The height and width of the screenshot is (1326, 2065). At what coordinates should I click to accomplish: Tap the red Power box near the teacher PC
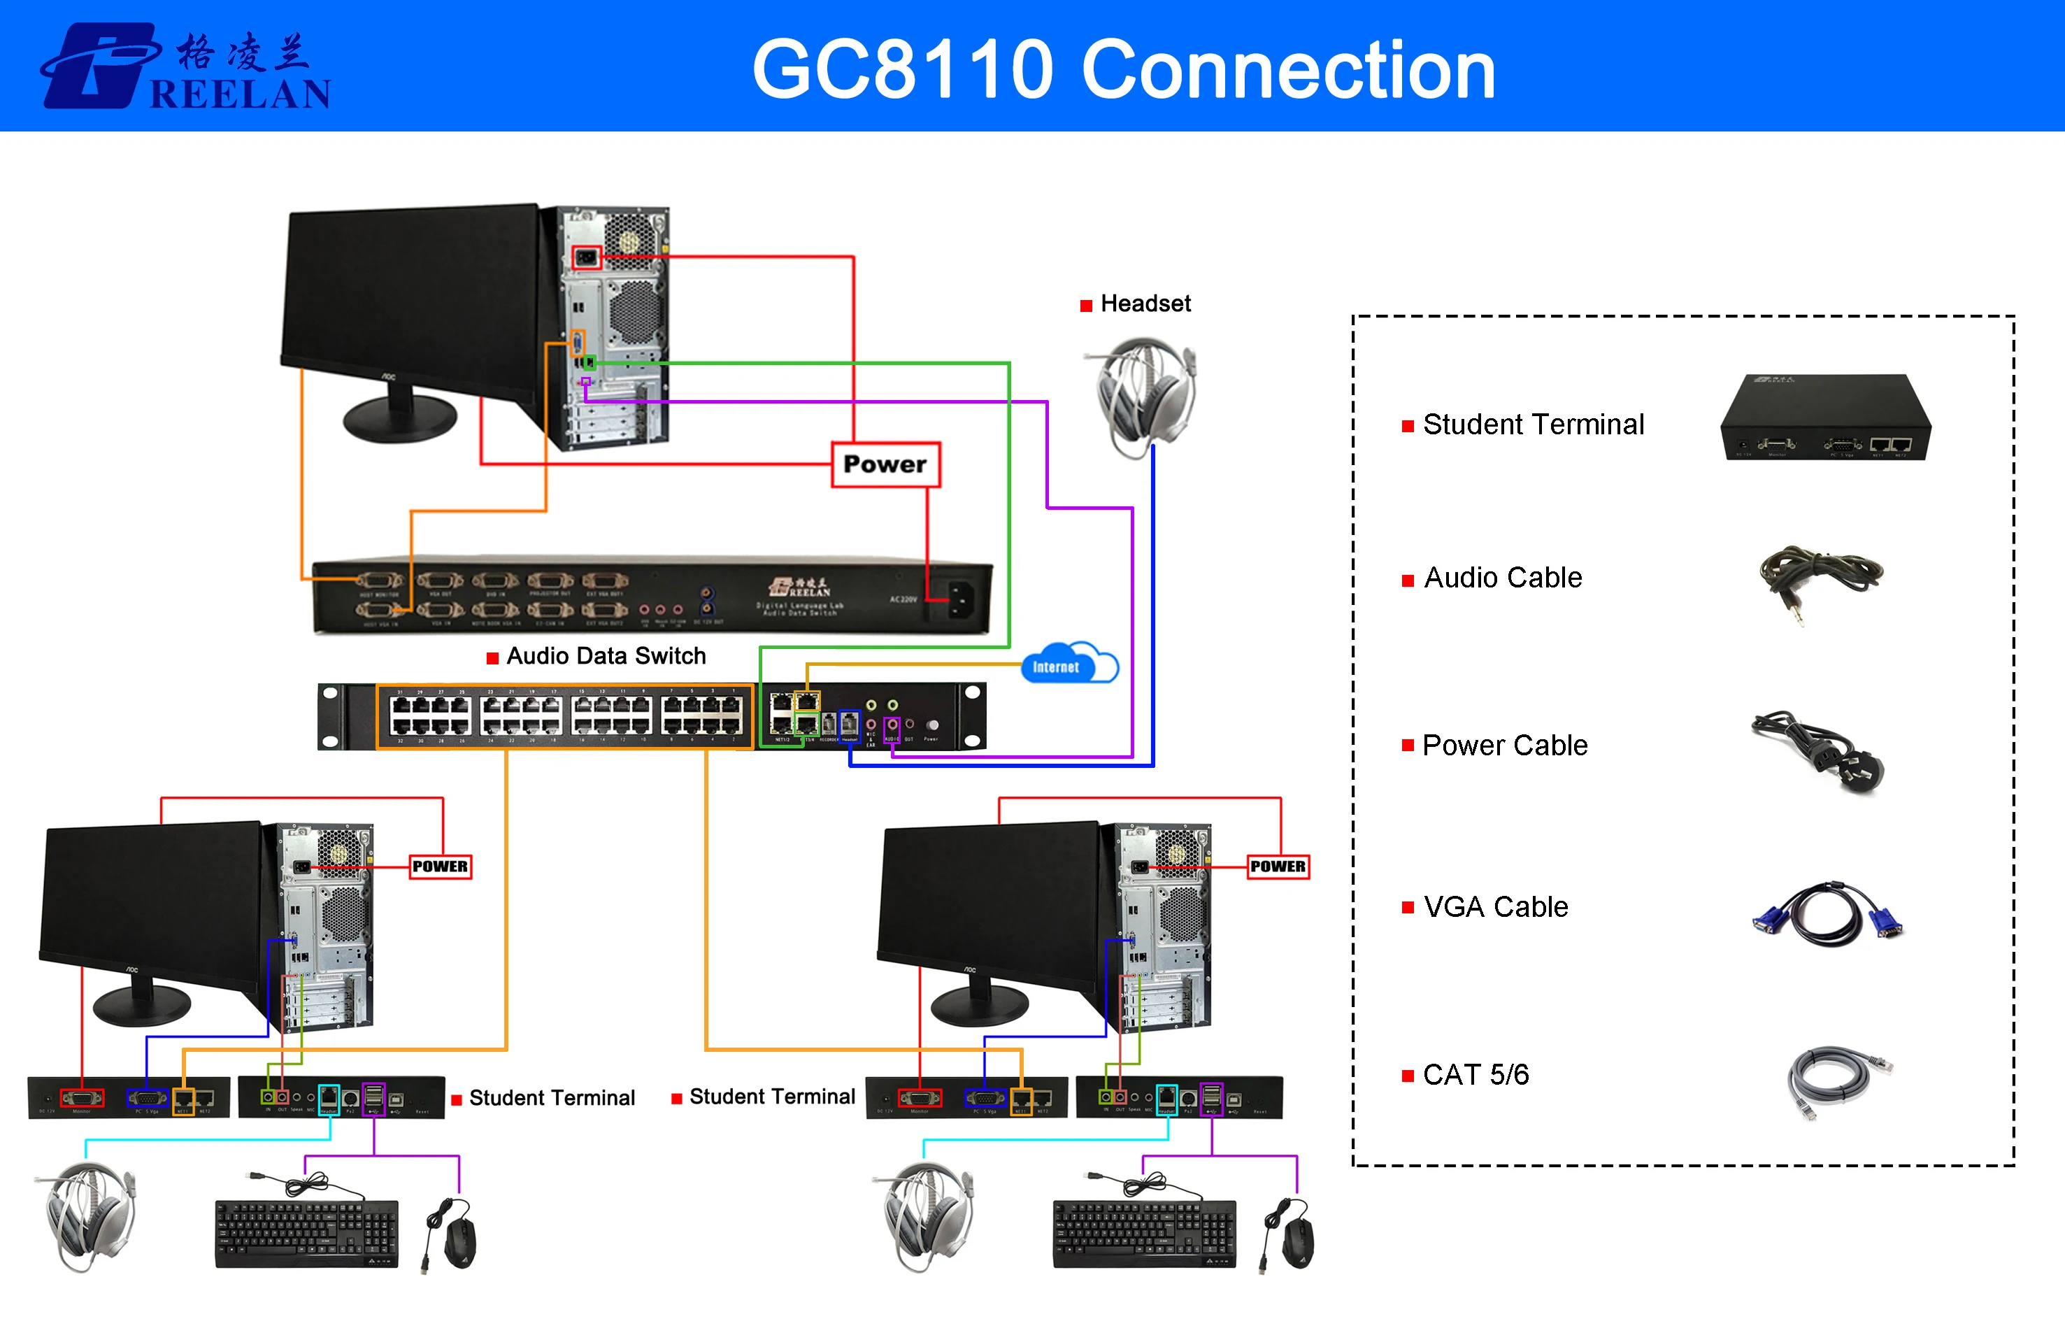click(x=885, y=465)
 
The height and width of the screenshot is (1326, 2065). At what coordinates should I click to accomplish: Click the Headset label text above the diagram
click(x=1145, y=304)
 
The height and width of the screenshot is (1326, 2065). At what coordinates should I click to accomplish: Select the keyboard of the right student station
click(x=1143, y=1233)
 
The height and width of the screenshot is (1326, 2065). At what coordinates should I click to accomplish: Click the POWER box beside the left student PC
click(x=440, y=867)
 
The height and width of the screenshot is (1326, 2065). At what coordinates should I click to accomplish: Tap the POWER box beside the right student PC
click(x=1278, y=867)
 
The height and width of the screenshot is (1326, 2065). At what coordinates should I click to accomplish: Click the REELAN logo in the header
click(x=185, y=66)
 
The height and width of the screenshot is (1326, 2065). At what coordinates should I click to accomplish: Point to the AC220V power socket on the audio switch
click(x=959, y=597)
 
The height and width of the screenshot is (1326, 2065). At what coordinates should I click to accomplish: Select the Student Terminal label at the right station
click(x=771, y=1097)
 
